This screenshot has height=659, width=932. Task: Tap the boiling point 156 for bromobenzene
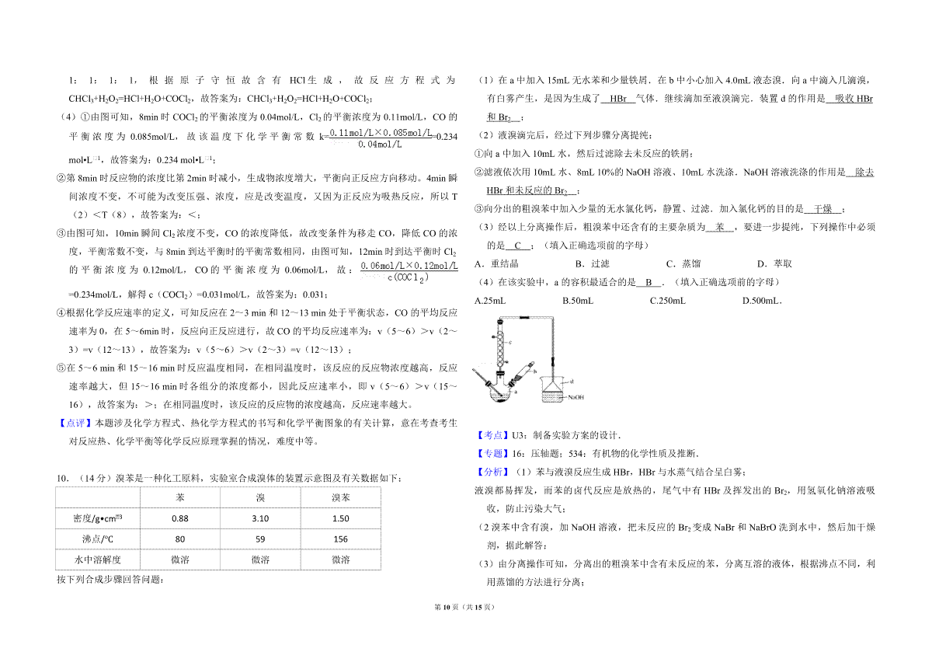[340, 539]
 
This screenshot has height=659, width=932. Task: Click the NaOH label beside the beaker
[576, 397]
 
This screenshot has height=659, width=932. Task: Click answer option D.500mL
[762, 301]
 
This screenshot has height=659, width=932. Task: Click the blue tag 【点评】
[75, 423]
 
